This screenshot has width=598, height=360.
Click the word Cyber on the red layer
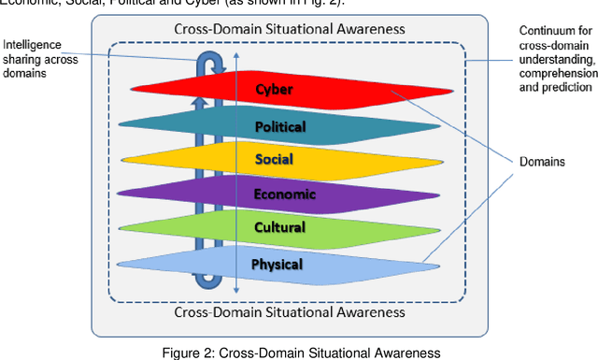click(x=274, y=90)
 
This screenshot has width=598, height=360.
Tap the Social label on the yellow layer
click(x=274, y=159)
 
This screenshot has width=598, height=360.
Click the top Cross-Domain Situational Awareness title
click(x=290, y=28)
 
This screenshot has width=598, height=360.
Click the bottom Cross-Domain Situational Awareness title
click(x=290, y=311)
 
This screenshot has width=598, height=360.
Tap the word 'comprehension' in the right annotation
click(x=557, y=73)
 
